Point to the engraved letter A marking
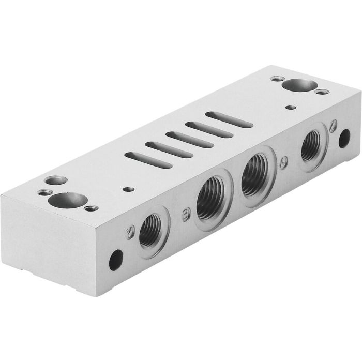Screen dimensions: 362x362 point(283,163)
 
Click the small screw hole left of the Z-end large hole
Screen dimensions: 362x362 point(277,80)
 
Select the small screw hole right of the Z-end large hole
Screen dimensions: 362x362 point(323,92)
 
